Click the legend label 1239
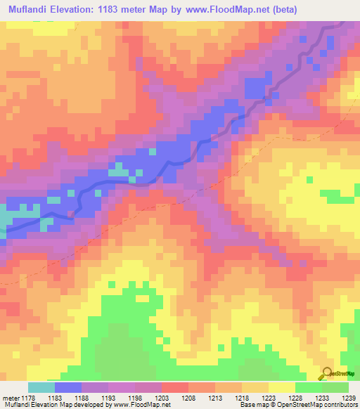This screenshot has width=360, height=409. pyautogui.click(x=349, y=398)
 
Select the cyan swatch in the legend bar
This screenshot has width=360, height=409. pyautogui.click(x=41, y=387)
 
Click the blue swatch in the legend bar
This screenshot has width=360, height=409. pyautogui.click(x=68, y=387)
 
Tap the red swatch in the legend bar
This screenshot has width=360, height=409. pyautogui.click(x=176, y=387)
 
